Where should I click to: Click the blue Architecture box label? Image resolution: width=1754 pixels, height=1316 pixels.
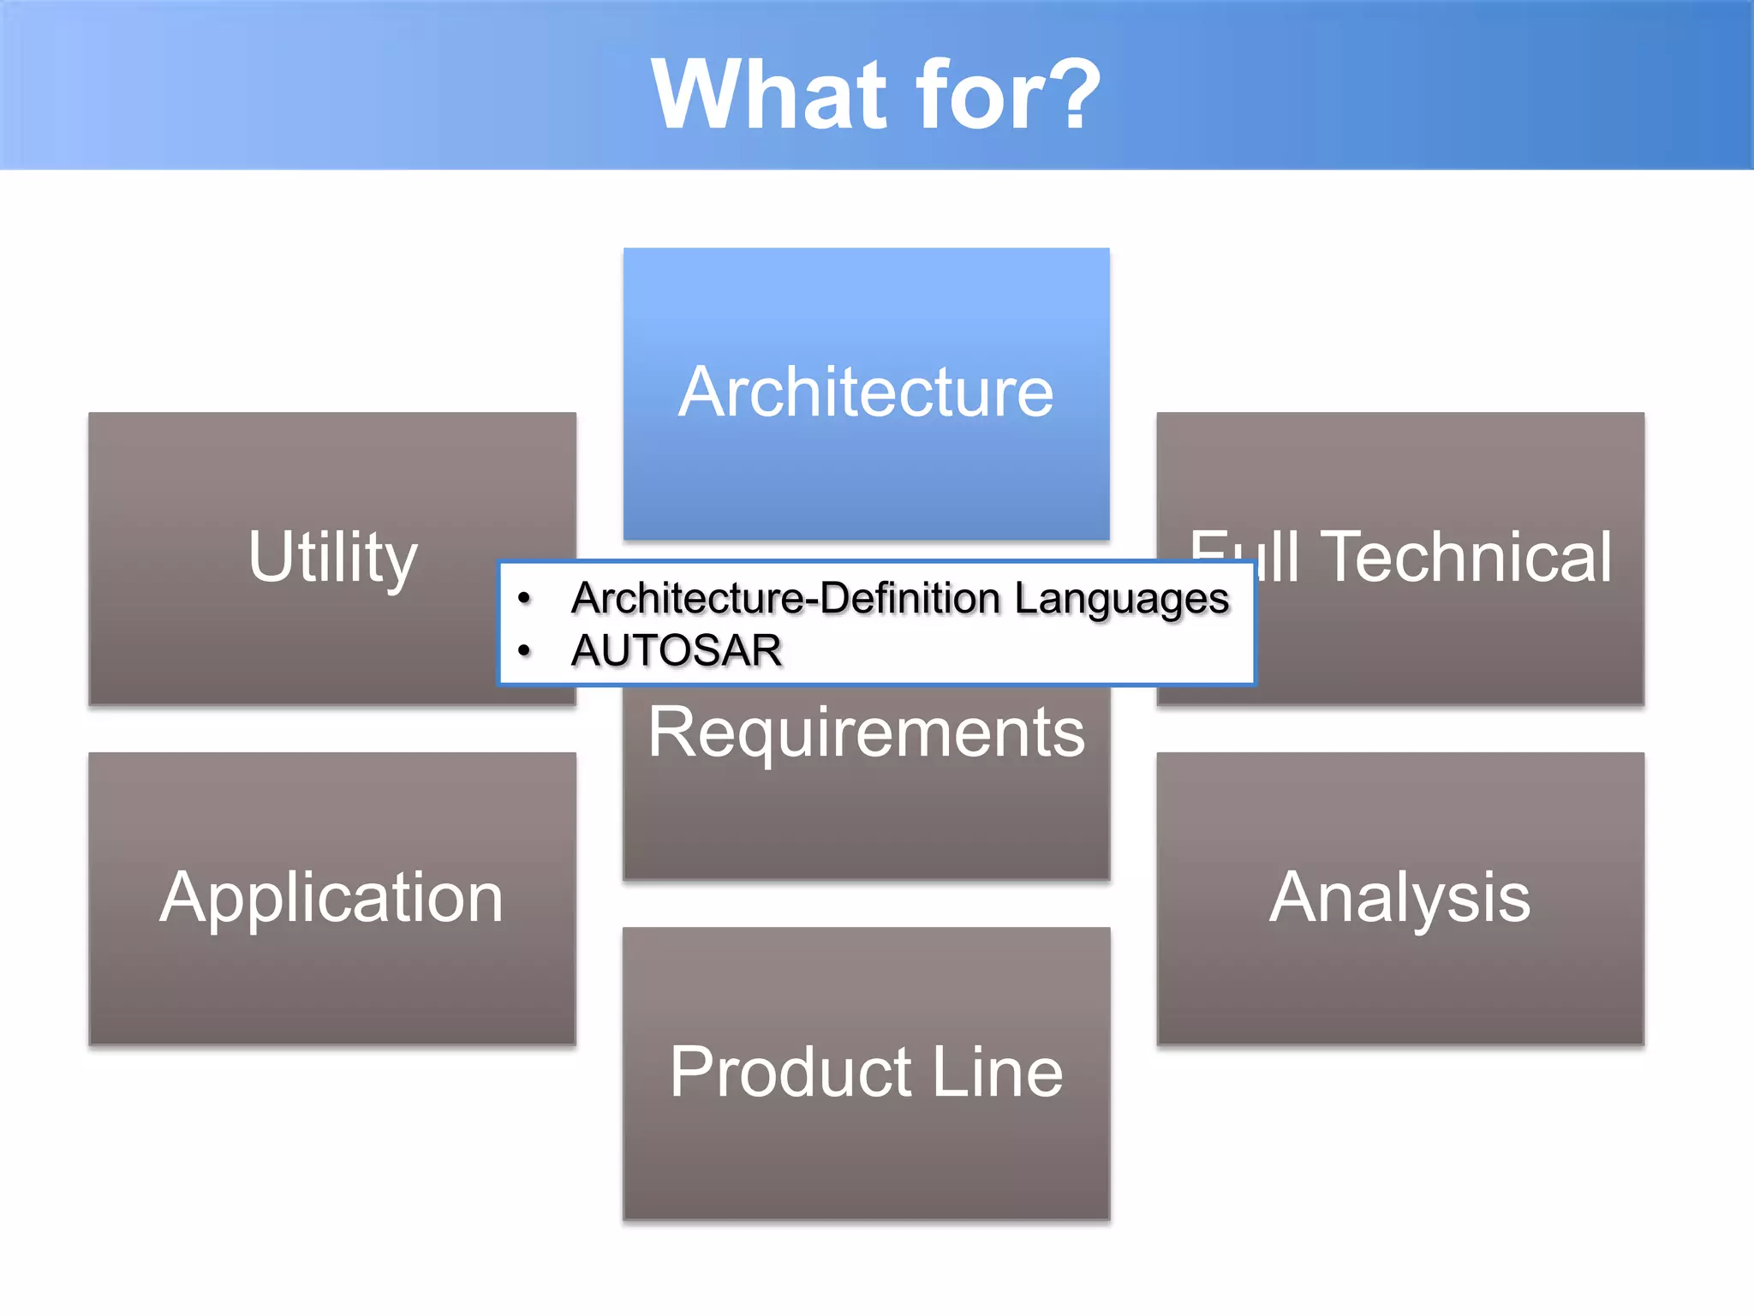click(866, 392)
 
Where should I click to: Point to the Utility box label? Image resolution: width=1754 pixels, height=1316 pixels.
click(333, 558)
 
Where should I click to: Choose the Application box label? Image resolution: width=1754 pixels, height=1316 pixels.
click(332, 897)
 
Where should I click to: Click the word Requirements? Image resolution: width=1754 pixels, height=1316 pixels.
click(866, 733)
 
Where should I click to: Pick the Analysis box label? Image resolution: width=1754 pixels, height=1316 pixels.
click(1399, 897)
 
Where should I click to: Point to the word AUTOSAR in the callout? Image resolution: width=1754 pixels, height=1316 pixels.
click(677, 650)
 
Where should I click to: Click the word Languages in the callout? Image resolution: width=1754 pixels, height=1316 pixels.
click(1122, 599)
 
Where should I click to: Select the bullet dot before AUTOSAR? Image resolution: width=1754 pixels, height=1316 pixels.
click(525, 651)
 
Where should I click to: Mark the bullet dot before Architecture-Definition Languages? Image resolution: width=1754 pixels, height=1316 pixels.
click(525, 598)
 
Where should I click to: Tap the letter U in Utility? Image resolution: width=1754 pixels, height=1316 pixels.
click(268, 557)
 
